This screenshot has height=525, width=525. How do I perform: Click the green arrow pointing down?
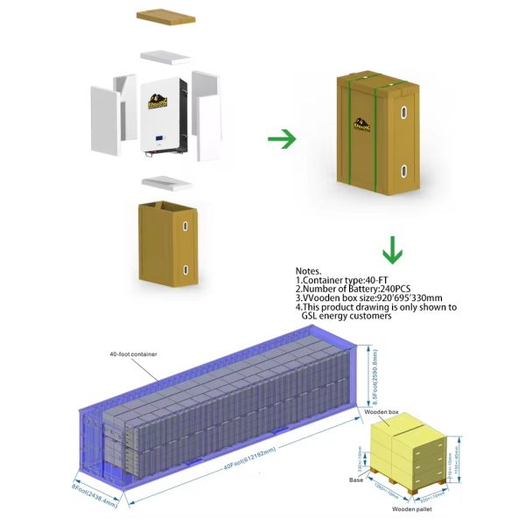pos(393,253)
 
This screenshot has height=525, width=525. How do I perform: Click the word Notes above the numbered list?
pos(310,272)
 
